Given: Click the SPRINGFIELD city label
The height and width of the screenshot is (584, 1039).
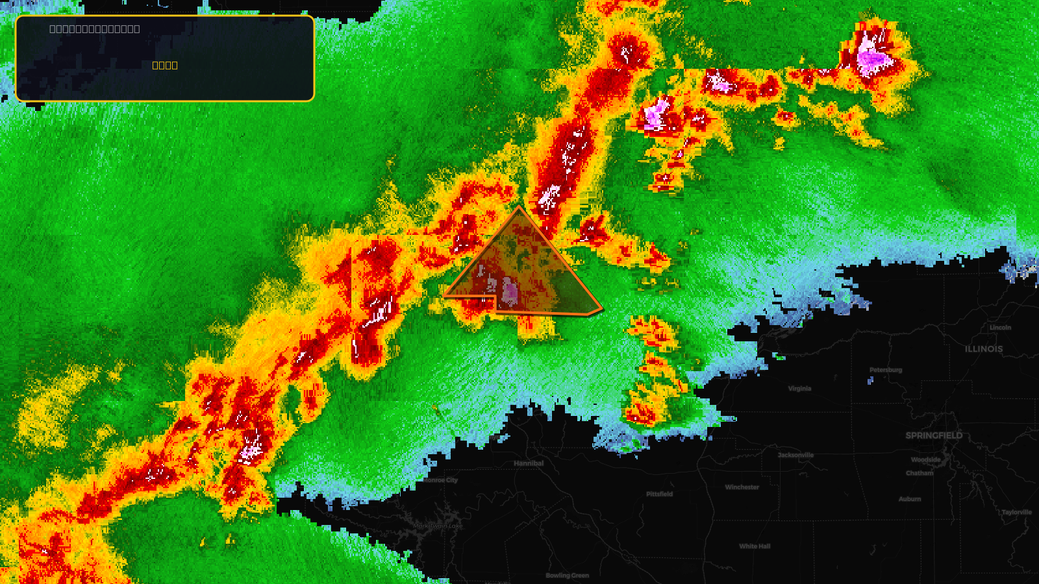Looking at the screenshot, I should coord(934,435).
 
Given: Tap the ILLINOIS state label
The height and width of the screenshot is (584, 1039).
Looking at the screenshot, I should coord(983,349).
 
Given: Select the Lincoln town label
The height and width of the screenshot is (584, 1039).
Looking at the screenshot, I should coord(1000,328).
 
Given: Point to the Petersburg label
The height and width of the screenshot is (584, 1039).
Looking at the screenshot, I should coord(886,370).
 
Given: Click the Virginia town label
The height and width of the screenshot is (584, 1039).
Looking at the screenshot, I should coord(799,389).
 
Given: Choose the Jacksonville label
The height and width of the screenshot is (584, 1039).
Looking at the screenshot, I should coord(795,455).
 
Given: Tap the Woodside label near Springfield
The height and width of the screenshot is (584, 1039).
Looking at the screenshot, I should coord(925,459).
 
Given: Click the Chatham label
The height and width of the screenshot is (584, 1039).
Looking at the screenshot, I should coord(920,473).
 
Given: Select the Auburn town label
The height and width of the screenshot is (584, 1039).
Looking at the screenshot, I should coord(910,499).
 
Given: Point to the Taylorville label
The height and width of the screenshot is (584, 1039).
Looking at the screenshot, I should coord(1016,512).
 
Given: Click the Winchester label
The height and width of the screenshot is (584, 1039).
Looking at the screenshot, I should coord(742,487).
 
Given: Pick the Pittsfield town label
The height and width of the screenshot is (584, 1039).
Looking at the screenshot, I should coord(659,494).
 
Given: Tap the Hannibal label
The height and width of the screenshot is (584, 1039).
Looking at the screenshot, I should coord(529,463).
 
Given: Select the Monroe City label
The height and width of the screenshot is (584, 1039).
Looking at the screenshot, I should coord(441,480).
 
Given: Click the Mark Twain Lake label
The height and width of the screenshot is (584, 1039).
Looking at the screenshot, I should coord(438,526).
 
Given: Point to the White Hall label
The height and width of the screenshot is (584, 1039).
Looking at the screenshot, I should coord(755,546).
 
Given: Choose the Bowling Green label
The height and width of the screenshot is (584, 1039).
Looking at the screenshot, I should coord(567,576).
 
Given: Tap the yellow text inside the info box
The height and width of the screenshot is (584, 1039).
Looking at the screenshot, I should coord(165,65).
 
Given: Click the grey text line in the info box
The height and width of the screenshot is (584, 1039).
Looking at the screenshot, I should coord(95,29).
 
